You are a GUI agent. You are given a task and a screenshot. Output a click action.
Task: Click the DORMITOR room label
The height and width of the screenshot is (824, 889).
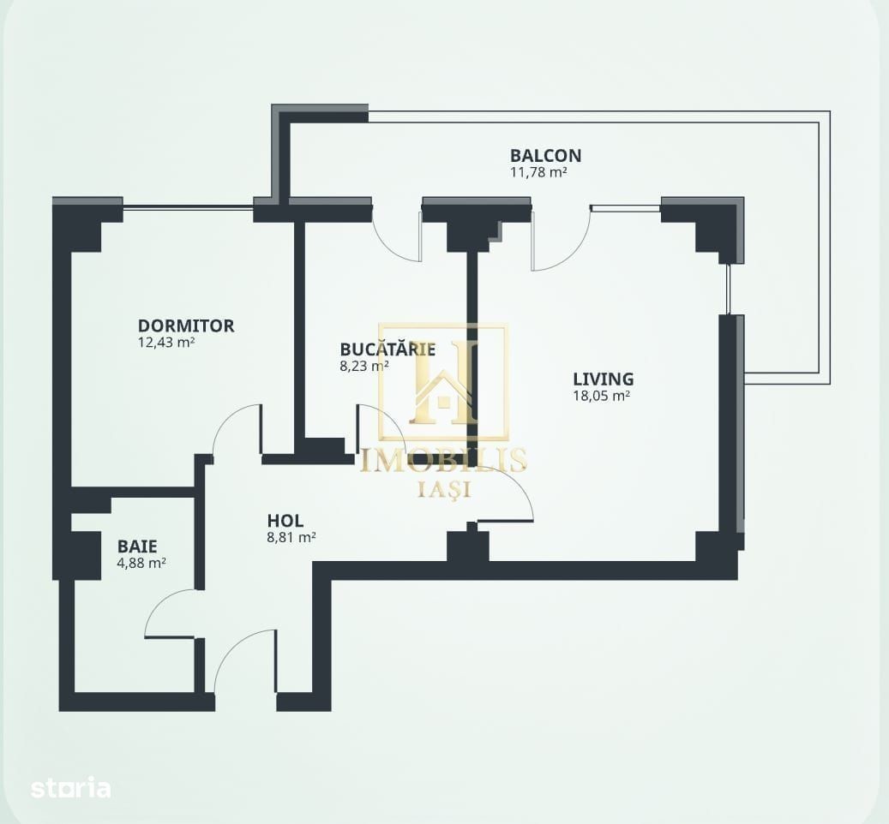pyautogui.click(x=186, y=325)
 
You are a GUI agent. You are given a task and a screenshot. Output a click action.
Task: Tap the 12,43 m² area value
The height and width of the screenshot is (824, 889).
pyautogui.click(x=166, y=342)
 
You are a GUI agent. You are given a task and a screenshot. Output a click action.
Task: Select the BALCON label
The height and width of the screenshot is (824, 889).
pyautogui.click(x=545, y=155)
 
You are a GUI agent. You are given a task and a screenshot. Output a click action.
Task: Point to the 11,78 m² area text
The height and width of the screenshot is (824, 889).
pyautogui.click(x=538, y=172)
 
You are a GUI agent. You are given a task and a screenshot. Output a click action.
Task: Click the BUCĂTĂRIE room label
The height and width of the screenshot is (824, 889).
pyautogui.click(x=387, y=349)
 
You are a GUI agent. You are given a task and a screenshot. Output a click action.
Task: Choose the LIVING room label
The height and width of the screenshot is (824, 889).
pyautogui.click(x=604, y=379)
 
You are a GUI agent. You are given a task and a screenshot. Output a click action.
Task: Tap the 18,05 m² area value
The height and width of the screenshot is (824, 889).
pyautogui.click(x=602, y=396)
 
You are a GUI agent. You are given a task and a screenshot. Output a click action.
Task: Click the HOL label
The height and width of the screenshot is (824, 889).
pyautogui.click(x=285, y=521)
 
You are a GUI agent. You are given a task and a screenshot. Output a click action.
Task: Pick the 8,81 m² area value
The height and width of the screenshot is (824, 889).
pyautogui.click(x=291, y=537)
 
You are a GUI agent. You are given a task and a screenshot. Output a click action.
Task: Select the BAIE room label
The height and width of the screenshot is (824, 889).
pyautogui.click(x=137, y=546)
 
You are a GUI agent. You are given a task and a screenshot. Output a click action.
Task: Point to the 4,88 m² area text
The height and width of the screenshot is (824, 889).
pyautogui.click(x=141, y=563)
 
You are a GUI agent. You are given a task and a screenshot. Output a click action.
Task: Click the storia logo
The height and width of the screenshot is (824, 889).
pyautogui.click(x=71, y=788)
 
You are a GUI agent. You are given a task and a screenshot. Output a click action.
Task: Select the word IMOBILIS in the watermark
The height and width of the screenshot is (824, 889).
pyautogui.click(x=444, y=460)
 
